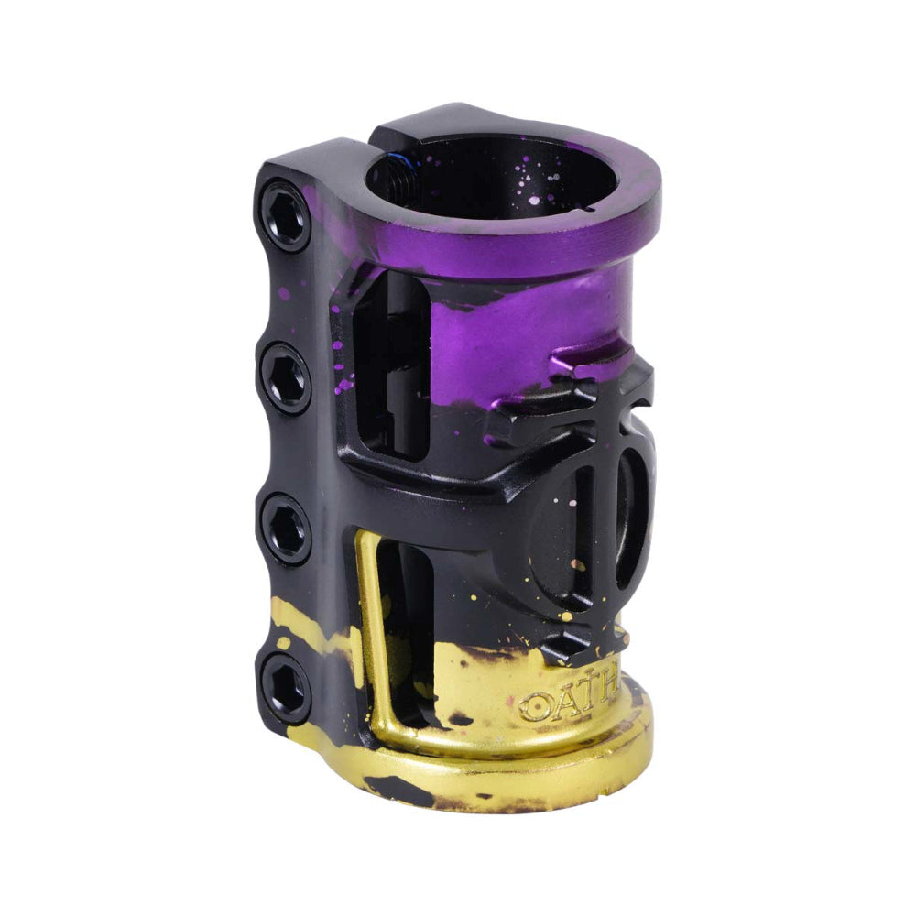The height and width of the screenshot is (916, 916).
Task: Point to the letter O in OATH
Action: pyautogui.click(x=531, y=706)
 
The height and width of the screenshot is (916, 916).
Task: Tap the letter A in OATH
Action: pyautogui.click(x=560, y=703)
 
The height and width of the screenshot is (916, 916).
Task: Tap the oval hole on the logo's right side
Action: pyautogui.click(x=637, y=522)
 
